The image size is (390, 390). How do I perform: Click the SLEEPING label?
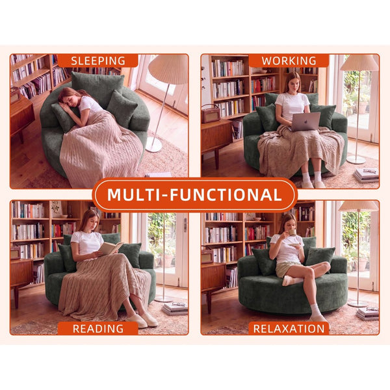[97, 61]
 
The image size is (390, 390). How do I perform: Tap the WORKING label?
[289, 61]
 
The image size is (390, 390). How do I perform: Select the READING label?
[98, 328]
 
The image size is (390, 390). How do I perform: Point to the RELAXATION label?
[289, 328]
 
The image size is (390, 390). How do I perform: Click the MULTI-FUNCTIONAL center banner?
[195, 195]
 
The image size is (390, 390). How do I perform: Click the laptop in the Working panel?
[305, 122]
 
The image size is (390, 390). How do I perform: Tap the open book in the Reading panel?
[111, 248]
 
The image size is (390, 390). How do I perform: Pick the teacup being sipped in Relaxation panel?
[292, 232]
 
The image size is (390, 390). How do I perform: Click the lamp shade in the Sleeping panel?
[169, 69]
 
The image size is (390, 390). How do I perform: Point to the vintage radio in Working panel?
[211, 114]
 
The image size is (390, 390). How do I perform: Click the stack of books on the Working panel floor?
[367, 175]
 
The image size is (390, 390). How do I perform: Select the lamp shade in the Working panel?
[359, 62]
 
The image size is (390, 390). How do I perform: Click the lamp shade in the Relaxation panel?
[358, 206]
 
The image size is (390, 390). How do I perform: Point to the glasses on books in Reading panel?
[178, 304]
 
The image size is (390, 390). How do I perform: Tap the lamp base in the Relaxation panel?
[357, 304]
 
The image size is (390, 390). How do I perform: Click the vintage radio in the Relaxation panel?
[207, 255]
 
